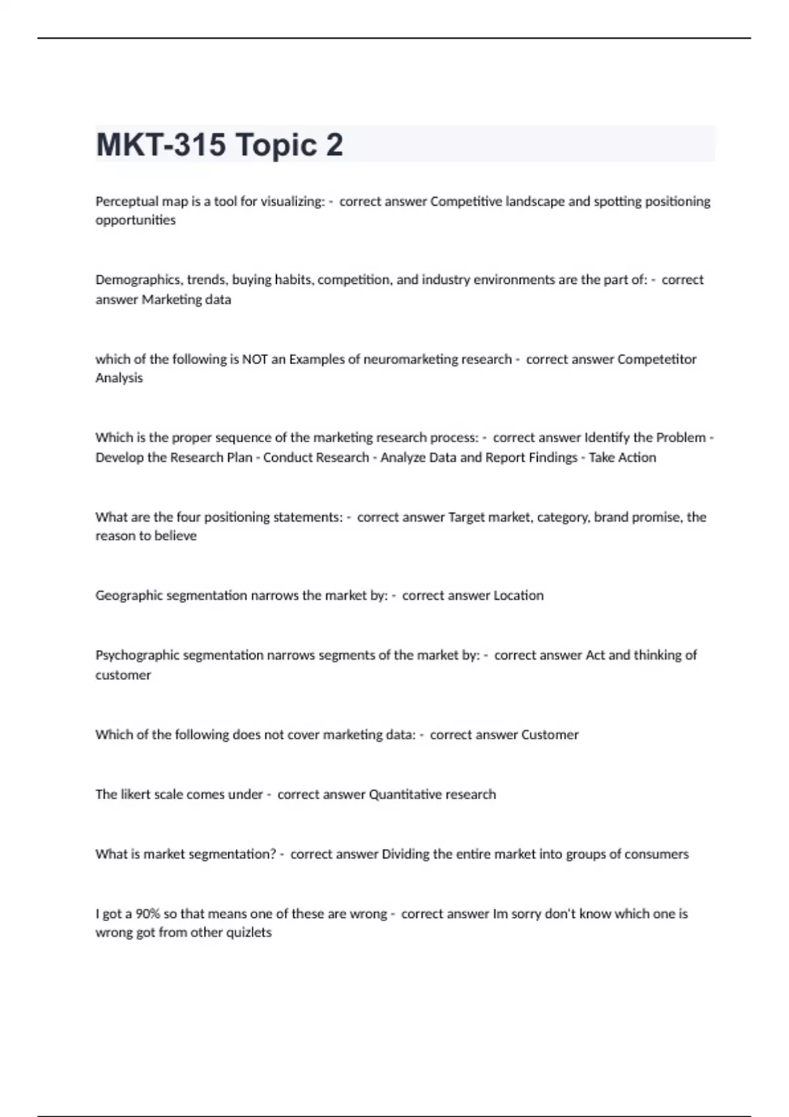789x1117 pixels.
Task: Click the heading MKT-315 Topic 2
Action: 219,145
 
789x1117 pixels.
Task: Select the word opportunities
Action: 135,221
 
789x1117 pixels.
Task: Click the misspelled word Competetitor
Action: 657,359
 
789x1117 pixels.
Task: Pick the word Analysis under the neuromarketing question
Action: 119,378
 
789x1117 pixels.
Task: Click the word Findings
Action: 553,457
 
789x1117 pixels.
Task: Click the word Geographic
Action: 129,596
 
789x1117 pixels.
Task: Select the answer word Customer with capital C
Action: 550,735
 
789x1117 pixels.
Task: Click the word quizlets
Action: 248,933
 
